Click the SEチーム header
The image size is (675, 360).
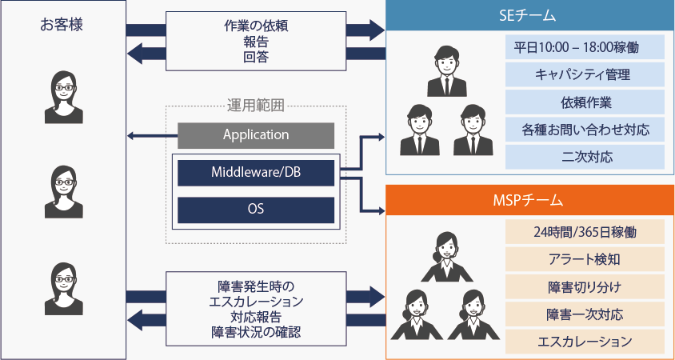(530, 15)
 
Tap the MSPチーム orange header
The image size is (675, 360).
(530, 200)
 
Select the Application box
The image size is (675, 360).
(256, 135)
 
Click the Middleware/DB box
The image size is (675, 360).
(256, 173)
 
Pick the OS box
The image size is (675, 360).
(256, 210)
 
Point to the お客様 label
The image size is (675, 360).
(62, 25)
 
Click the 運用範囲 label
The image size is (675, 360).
(256, 106)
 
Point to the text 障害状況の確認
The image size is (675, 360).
(256, 333)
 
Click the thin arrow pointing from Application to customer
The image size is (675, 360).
(153, 137)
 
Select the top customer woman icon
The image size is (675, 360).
(64, 98)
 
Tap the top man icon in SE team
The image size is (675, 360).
(447, 71)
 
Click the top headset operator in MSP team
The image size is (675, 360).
(447, 257)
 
